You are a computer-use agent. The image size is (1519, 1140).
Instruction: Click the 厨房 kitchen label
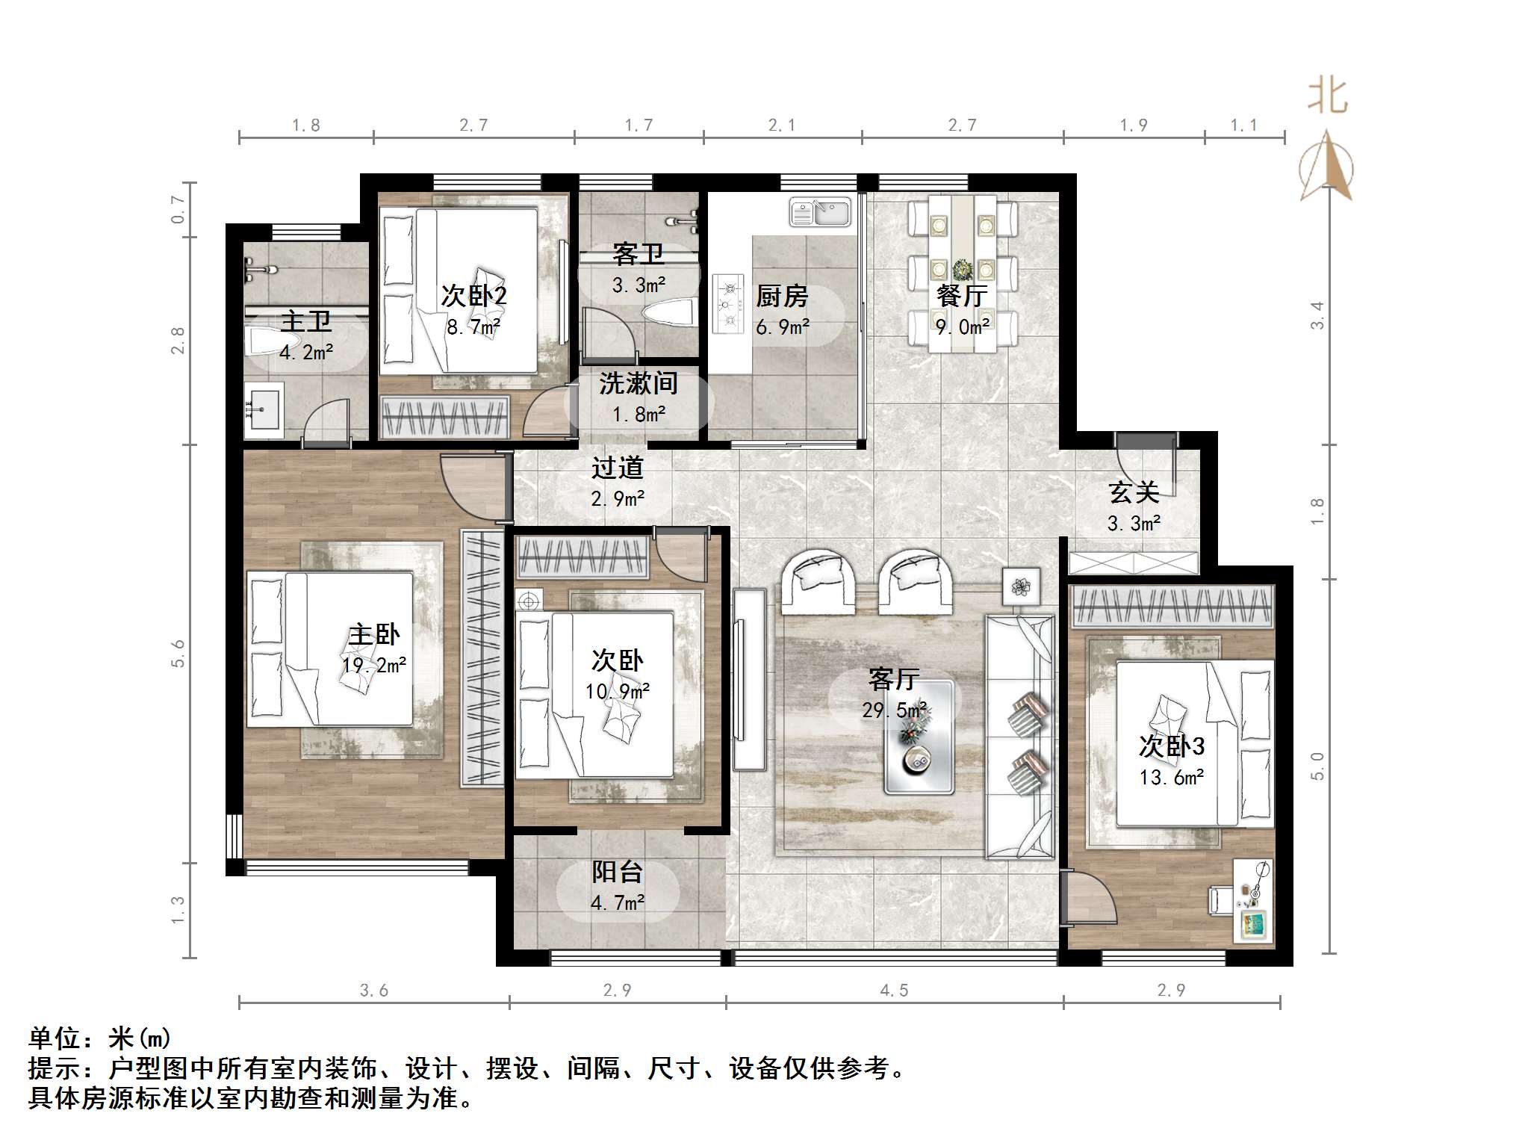click(x=782, y=297)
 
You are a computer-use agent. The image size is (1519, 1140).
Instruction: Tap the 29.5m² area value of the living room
click(x=895, y=710)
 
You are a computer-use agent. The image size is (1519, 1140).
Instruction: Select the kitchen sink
click(x=820, y=212)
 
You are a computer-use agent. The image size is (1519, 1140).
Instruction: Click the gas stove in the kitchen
click(x=728, y=303)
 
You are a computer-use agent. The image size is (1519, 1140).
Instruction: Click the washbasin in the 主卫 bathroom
click(x=264, y=407)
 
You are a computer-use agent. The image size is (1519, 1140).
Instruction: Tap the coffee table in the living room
click(x=919, y=737)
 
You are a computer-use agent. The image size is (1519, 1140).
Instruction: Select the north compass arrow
click(x=1326, y=166)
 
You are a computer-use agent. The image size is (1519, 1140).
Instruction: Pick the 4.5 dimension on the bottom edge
click(x=894, y=991)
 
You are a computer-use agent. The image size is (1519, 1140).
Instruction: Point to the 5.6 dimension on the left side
click(x=178, y=654)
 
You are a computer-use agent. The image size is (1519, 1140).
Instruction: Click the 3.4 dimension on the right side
click(x=1317, y=315)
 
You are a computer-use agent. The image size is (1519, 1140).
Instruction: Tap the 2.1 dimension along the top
click(x=782, y=126)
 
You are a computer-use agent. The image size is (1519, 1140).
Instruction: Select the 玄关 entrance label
click(x=1134, y=492)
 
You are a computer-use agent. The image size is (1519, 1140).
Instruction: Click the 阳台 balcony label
click(x=617, y=872)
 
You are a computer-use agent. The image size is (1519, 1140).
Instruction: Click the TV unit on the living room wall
click(x=749, y=679)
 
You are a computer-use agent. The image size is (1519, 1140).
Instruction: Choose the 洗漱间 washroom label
click(x=638, y=383)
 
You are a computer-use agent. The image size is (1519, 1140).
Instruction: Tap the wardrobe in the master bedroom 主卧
click(x=482, y=657)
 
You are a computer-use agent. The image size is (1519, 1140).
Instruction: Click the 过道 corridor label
click(x=618, y=468)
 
